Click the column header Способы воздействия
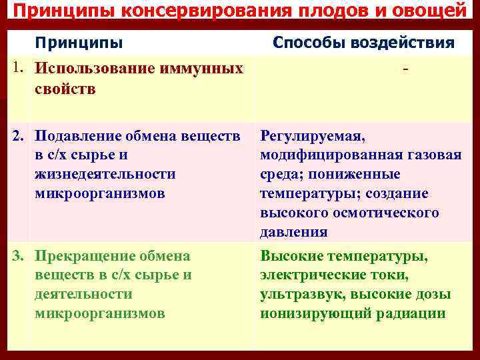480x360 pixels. pos(364,43)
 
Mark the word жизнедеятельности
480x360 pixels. pos(105,174)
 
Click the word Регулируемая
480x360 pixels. pos(312,137)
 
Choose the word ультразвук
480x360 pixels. pos(297,294)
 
